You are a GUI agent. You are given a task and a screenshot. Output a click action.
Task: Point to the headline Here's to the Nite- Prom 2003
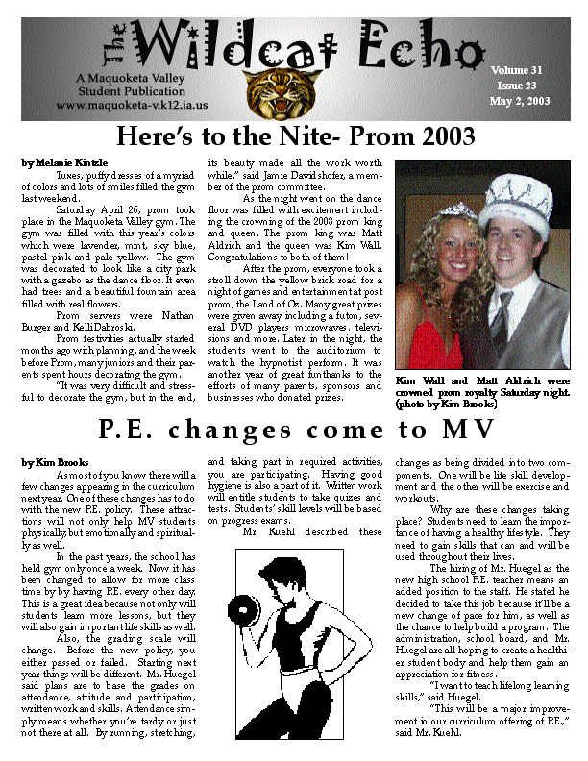coord(296,135)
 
